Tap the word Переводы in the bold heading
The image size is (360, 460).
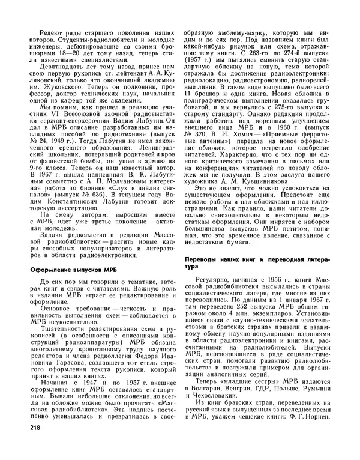coord(202,259)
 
